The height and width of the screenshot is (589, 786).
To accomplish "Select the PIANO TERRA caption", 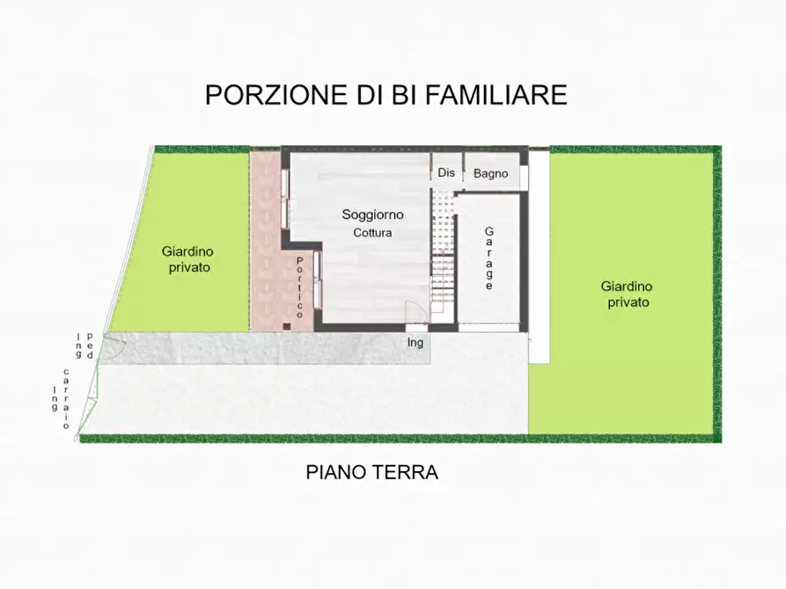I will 371,473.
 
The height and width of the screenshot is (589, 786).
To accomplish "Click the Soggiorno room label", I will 372,215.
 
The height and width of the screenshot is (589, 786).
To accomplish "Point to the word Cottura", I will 372,233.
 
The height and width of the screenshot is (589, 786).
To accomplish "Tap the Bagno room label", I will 490,173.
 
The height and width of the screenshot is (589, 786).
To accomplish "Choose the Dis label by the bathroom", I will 446,172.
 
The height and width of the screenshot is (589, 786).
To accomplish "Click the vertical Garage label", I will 488,258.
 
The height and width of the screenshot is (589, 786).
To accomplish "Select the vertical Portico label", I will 300,287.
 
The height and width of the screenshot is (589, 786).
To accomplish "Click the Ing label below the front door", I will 415,343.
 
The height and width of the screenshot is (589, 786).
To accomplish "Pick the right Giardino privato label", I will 628,294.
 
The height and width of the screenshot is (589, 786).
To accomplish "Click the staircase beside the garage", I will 443,255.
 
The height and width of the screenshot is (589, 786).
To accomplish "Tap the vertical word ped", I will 89,340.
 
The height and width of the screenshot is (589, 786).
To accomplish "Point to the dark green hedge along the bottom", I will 396,438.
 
